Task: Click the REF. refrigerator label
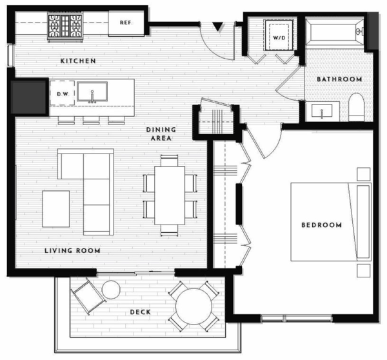[126, 23]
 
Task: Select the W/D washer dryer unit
[279, 35]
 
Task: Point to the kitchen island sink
[92, 92]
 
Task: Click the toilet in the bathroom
[357, 107]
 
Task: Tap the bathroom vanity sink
[322, 111]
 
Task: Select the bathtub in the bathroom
[335, 31]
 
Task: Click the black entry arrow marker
[218, 26]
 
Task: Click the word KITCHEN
[78, 61]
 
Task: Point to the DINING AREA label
[161, 134]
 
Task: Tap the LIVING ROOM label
[72, 250]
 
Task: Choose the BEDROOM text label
[321, 225]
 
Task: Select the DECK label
[140, 312]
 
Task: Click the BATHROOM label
[339, 79]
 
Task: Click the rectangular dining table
[170, 195]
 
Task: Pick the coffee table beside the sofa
[55, 208]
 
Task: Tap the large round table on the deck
[193, 306]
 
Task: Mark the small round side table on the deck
[111, 290]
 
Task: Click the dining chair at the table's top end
[169, 161]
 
